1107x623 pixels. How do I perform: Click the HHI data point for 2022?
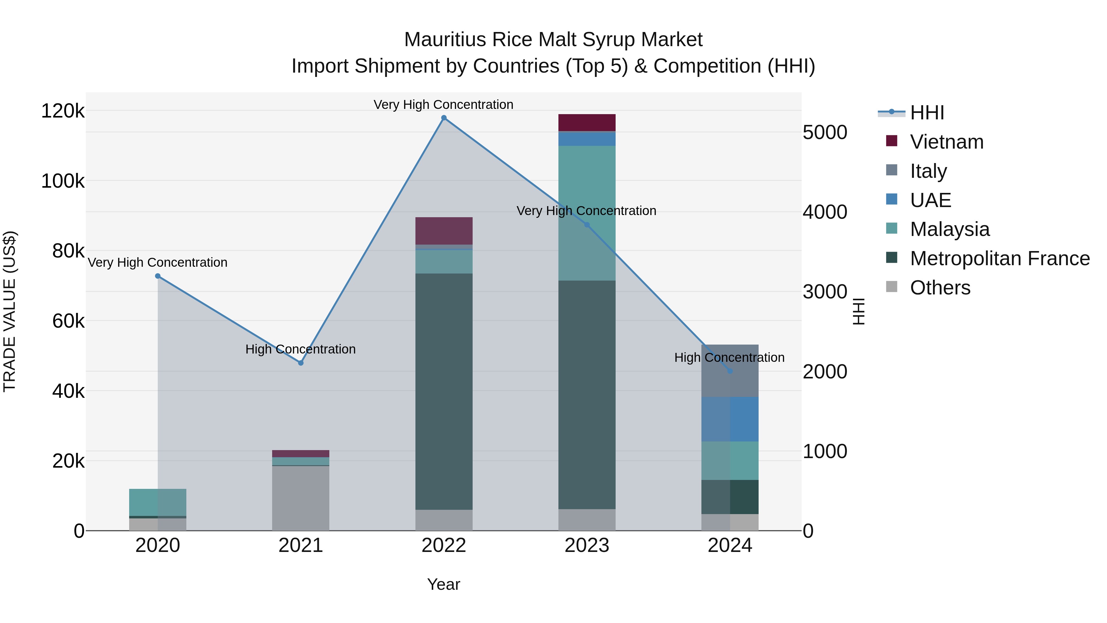444,118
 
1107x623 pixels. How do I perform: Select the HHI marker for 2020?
158,276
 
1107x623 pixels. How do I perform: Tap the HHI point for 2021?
301,363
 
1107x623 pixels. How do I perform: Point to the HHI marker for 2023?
587,225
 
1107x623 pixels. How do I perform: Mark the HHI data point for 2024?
730,371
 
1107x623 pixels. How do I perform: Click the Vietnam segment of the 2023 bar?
587,122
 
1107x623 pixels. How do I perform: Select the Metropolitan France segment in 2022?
444,391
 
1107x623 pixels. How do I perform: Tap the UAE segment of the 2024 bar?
730,419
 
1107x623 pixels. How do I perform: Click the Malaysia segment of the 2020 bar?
158,502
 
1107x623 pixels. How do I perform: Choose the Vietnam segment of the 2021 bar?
301,453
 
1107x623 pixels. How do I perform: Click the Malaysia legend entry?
950,229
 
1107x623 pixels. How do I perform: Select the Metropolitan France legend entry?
1000,258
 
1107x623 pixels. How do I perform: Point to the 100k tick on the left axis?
63,181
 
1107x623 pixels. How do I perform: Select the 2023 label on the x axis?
587,545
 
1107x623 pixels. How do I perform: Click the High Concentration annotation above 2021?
300,349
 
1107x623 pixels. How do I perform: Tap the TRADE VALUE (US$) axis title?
10,311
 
